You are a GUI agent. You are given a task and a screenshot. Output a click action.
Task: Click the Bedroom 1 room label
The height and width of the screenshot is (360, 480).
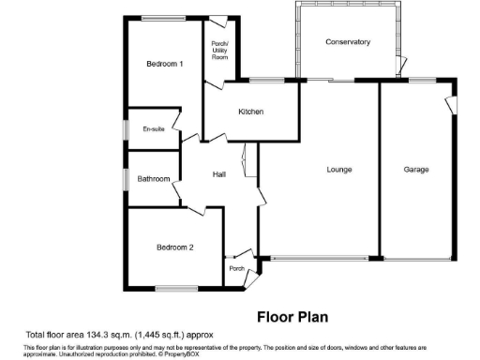pyautogui.click(x=164, y=64)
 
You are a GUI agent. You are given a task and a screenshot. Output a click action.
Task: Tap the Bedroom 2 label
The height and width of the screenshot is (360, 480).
pyautogui.click(x=174, y=247)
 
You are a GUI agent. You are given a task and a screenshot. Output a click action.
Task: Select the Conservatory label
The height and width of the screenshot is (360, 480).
pyautogui.click(x=348, y=42)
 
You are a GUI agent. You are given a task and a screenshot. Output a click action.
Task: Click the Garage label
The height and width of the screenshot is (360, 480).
pyautogui.click(x=416, y=170)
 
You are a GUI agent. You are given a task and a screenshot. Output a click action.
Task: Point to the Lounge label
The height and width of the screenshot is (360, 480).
pyautogui.click(x=339, y=170)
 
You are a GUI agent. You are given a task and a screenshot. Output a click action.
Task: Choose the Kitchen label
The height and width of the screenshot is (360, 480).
pyautogui.click(x=250, y=112)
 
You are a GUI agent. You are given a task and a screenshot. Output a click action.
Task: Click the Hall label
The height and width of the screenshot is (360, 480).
pyautogui.click(x=219, y=175)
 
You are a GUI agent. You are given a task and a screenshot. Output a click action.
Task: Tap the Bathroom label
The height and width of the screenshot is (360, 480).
pyautogui.click(x=154, y=179)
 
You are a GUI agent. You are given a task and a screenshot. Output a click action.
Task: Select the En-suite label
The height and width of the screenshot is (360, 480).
pyautogui.click(x=154, y=128)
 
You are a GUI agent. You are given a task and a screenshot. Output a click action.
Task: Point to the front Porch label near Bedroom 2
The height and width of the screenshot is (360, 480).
pyautogui.click(x=237, y=270)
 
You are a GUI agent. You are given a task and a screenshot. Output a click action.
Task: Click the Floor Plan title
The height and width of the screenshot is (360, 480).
pyautogui.click(x=292, y=317)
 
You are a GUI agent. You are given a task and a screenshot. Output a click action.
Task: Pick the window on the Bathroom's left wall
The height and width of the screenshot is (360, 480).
pyautogui.click(x=127, y=178)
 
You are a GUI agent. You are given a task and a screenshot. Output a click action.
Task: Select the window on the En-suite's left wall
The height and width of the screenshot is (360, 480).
pyautogui.click(x=127, y=129)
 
